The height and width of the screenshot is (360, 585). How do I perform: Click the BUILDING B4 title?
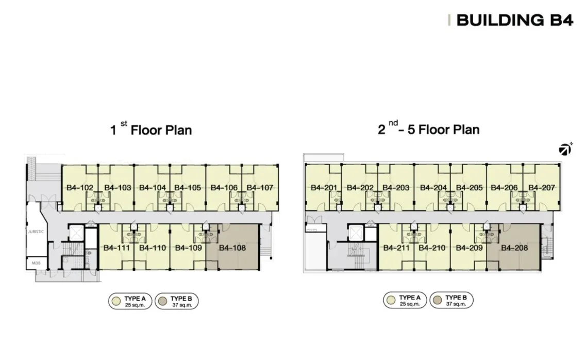[514, 20]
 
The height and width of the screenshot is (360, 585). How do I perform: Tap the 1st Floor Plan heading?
[151, 129]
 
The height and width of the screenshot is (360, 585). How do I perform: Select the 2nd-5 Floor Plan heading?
[429, 129]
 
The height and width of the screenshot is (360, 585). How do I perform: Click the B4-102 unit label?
[80, 187]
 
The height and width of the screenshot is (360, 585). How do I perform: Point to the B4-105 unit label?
[188, 187]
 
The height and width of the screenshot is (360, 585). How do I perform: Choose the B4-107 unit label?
[260, 187]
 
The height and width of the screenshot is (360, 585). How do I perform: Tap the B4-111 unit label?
[116, 248]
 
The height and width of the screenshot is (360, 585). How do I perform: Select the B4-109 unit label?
[189, 248]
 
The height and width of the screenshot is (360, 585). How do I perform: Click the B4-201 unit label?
[324, 187]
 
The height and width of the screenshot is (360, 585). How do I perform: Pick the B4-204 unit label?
[433, 187]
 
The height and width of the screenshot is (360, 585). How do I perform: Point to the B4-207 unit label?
[542, 187]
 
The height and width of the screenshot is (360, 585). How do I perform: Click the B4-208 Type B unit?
[514, 247]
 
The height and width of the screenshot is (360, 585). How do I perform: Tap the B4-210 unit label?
[432, 248]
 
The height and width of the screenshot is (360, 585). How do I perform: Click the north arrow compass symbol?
[565, 150]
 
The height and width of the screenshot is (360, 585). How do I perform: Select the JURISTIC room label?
[36, 232]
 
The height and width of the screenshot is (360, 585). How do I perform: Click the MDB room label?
[36, 263]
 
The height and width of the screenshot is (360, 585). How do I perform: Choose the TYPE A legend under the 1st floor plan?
[130, 301]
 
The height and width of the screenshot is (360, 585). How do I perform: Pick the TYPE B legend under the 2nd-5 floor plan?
[452, 300]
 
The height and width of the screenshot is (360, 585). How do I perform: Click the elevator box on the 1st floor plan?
[76, 233]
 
